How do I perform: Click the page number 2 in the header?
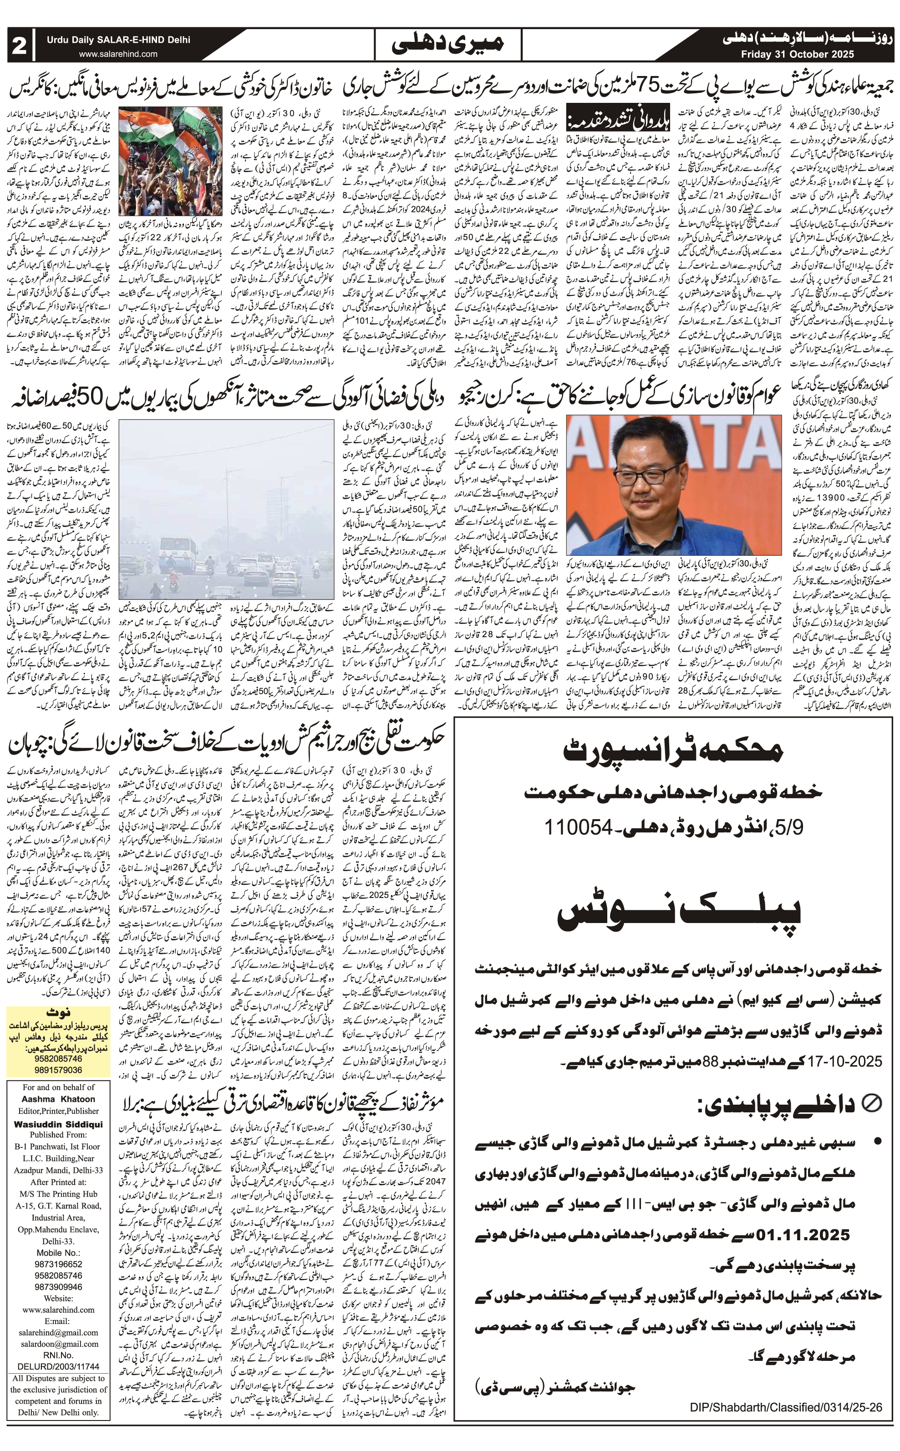pos(20,45)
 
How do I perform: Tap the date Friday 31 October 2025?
pos(797,54)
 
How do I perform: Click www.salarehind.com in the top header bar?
pos(118,54)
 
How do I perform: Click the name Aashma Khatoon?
pos(58,1099)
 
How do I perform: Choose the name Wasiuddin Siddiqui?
pos(58,1124)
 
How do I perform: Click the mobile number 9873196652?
pos(58,1263)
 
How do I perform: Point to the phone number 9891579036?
pos(58,1070)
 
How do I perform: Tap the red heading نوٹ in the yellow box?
pos(58,1012)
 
